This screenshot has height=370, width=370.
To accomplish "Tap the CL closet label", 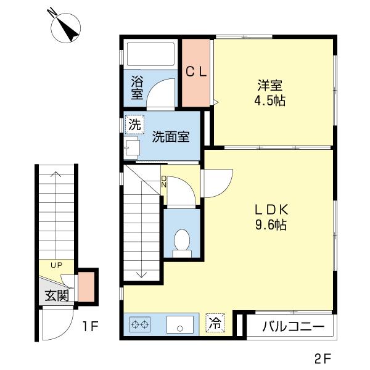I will [197, 71].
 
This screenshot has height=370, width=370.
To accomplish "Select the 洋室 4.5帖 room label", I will [271, 93].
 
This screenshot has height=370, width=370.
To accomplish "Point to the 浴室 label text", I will [136, 88].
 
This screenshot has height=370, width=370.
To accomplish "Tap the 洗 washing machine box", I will [134, 124].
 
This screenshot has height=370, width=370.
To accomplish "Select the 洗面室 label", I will [171, 137].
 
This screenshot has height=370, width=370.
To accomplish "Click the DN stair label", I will [163, 181].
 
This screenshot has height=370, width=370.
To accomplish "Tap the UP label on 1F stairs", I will [57, 265].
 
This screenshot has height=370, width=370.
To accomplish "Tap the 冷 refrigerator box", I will [215, 323].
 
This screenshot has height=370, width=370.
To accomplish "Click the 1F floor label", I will [91, 326].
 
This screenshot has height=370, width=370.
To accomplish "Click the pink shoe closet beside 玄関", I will [86, 287].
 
